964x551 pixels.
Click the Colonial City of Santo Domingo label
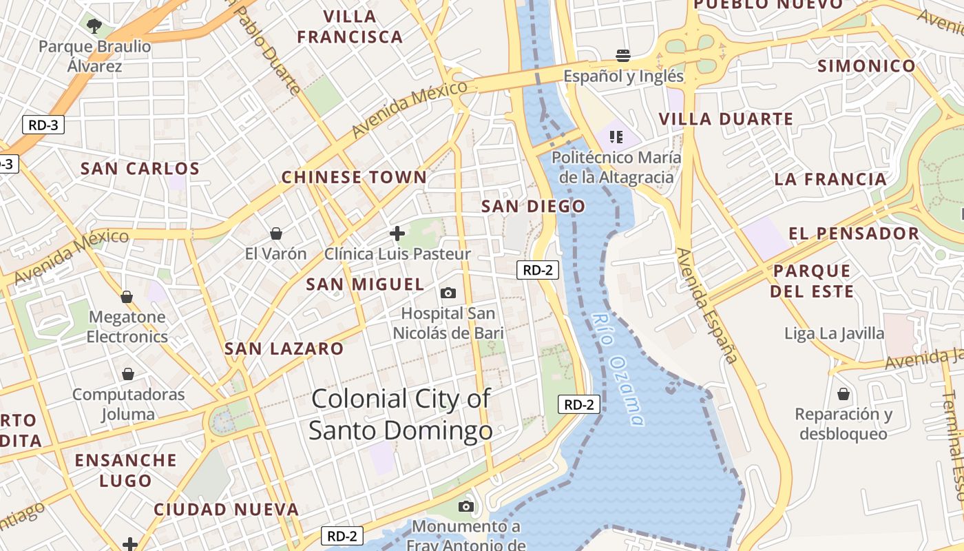(401, 414)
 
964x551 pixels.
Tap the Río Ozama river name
(618, 369)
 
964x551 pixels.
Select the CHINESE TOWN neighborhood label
(354, 177)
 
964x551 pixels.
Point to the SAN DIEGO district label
(533, 206)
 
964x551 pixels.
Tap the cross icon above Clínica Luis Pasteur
(397, 233)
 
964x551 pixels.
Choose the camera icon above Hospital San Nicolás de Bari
(448, 293)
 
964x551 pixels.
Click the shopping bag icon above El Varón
(276, 233)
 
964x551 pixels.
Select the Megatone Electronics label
(127, 326)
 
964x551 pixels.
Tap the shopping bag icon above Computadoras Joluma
(128, 374)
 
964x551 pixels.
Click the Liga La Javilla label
(835, 333)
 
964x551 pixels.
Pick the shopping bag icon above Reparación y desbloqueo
(843, 394)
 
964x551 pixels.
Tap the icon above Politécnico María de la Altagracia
(616, 136)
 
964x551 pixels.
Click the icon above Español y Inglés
(623, 55)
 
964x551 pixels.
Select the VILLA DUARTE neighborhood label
(726, 119)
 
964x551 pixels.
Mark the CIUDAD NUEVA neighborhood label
(226, 510)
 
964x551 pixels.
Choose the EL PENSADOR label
(854, 233)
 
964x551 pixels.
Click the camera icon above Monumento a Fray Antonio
(466, 507)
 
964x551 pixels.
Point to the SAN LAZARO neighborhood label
(284, 349)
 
